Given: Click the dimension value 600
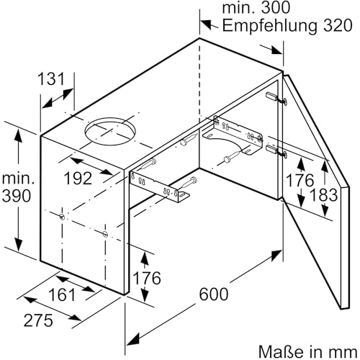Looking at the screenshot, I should (215, 293).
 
